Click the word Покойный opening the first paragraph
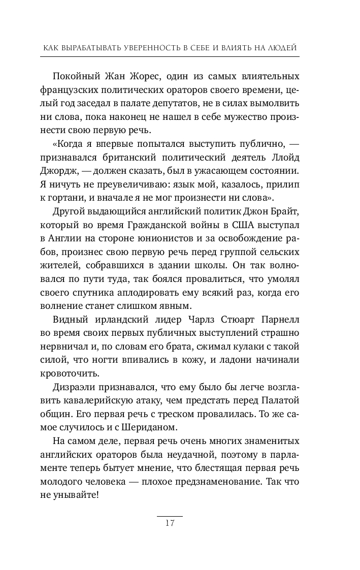tap(71, 77)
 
